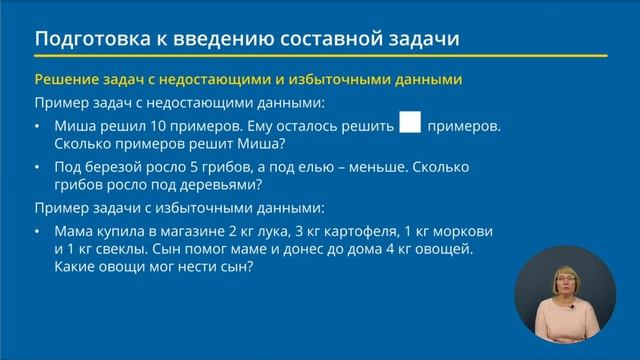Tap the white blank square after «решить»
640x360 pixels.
(409, 123)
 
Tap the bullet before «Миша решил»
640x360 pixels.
(37, 128)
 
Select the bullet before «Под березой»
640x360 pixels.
(37, 167)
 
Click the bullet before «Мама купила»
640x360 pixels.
(37, 231)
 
